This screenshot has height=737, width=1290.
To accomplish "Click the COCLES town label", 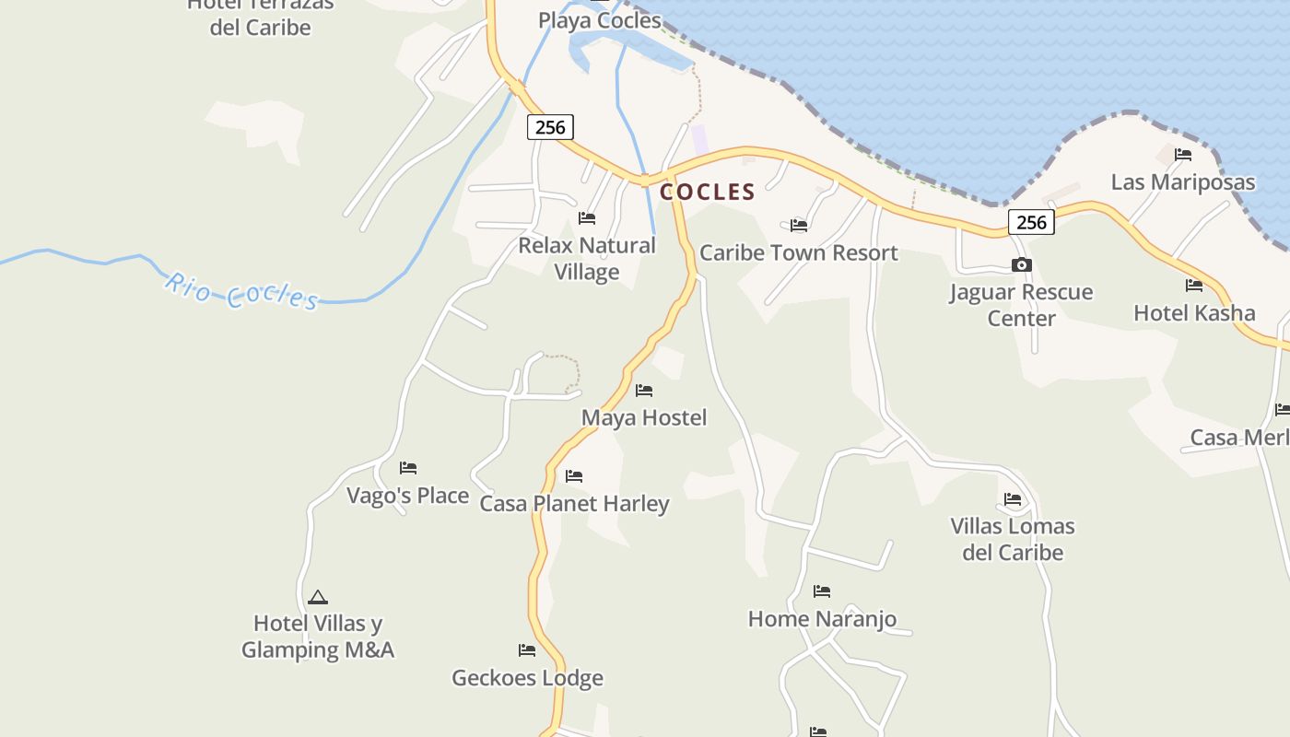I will (708, 192).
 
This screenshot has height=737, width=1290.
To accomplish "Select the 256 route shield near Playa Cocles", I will (550, 127).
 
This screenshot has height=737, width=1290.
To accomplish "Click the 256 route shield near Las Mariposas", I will (1031, 222).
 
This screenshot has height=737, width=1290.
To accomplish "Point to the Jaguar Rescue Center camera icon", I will (1021, 265).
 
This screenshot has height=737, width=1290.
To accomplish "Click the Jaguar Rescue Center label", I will (1021, 305).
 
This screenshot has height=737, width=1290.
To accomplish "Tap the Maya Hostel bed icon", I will (644, 391).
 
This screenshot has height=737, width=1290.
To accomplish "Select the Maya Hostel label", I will (644, 417).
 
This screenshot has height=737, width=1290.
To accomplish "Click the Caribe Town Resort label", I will (798, 252).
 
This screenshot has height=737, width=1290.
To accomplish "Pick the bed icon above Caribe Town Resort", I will (799, 225).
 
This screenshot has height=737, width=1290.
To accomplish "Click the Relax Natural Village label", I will (587, 259).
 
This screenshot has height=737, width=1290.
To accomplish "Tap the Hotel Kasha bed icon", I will (1194, 286).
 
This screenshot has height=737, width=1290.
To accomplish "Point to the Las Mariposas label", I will (1182, 181).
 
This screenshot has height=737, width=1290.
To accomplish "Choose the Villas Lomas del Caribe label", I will (1013, 539).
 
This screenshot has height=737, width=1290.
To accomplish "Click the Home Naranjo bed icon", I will (822, 591).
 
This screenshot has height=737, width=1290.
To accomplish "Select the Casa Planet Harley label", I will (574, 504).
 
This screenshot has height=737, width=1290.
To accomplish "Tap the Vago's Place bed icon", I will (408, 468).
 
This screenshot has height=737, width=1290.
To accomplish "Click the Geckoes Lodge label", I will (527, 678).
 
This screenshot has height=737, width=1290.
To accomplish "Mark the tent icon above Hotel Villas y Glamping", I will (318, 597).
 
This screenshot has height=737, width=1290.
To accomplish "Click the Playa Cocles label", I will (600, 20).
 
